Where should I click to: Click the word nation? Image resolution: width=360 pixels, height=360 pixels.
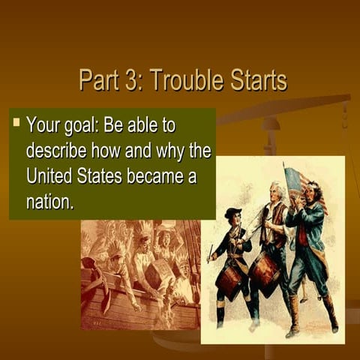(49, 202)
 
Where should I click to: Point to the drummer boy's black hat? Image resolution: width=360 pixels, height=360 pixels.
(233, 213)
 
